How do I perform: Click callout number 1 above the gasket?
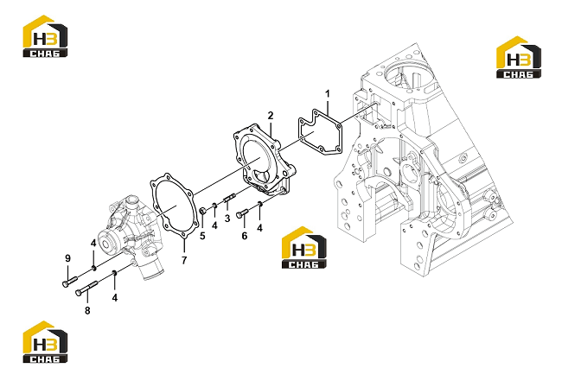[x=327, y=94]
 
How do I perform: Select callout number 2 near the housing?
[x=271, y=115]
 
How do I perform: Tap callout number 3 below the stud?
[x=227, y=218]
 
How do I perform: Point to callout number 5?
[x=202, y=236]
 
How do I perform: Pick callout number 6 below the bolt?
[x=245, y=236]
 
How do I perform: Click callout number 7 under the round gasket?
[x=184, y=260]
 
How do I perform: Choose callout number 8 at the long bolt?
[x=87, y=310]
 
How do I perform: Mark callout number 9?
[x=67, y=258]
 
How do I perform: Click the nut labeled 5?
[x=202, y=211]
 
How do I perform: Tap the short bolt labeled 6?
[x=242, y=213]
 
